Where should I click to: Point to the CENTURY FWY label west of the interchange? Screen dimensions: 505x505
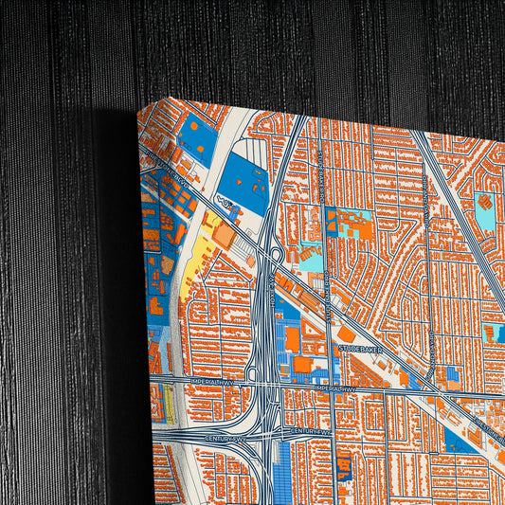(225, 439)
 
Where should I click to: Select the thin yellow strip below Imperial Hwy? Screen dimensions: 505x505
(169, 403)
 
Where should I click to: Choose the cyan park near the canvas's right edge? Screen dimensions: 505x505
(485, 214)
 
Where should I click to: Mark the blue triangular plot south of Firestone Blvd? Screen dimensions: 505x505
(459, 441)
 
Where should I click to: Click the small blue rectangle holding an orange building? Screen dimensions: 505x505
(344, 465)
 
